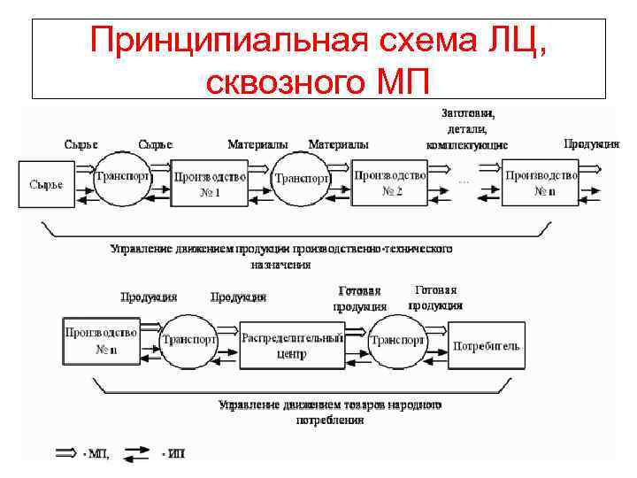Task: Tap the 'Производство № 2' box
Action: pyautogui.click(x=390, y=183)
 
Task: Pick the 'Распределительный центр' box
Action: pyautogui.click(x=292, y=344)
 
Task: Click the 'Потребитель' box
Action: pyautogui.click(x=487, y=345)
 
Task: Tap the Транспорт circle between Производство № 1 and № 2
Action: pyautogui.click(x=302, y=178)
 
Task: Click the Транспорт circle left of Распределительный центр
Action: pyautogui.click(x=188, y=340)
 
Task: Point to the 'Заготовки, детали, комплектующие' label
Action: pyautogui.click(x=467, y=128)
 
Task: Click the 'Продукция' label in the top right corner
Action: pyautogui.click(x=591, y=143)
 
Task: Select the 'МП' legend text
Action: pyautogui.click(x=95, y=453)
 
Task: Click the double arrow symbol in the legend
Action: pyautogui.click(x=66, y=452)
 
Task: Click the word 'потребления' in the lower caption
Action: pyautogui.click(x=330, y=420)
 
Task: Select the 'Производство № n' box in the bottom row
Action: pyautogui.click(x=100, y=341)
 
